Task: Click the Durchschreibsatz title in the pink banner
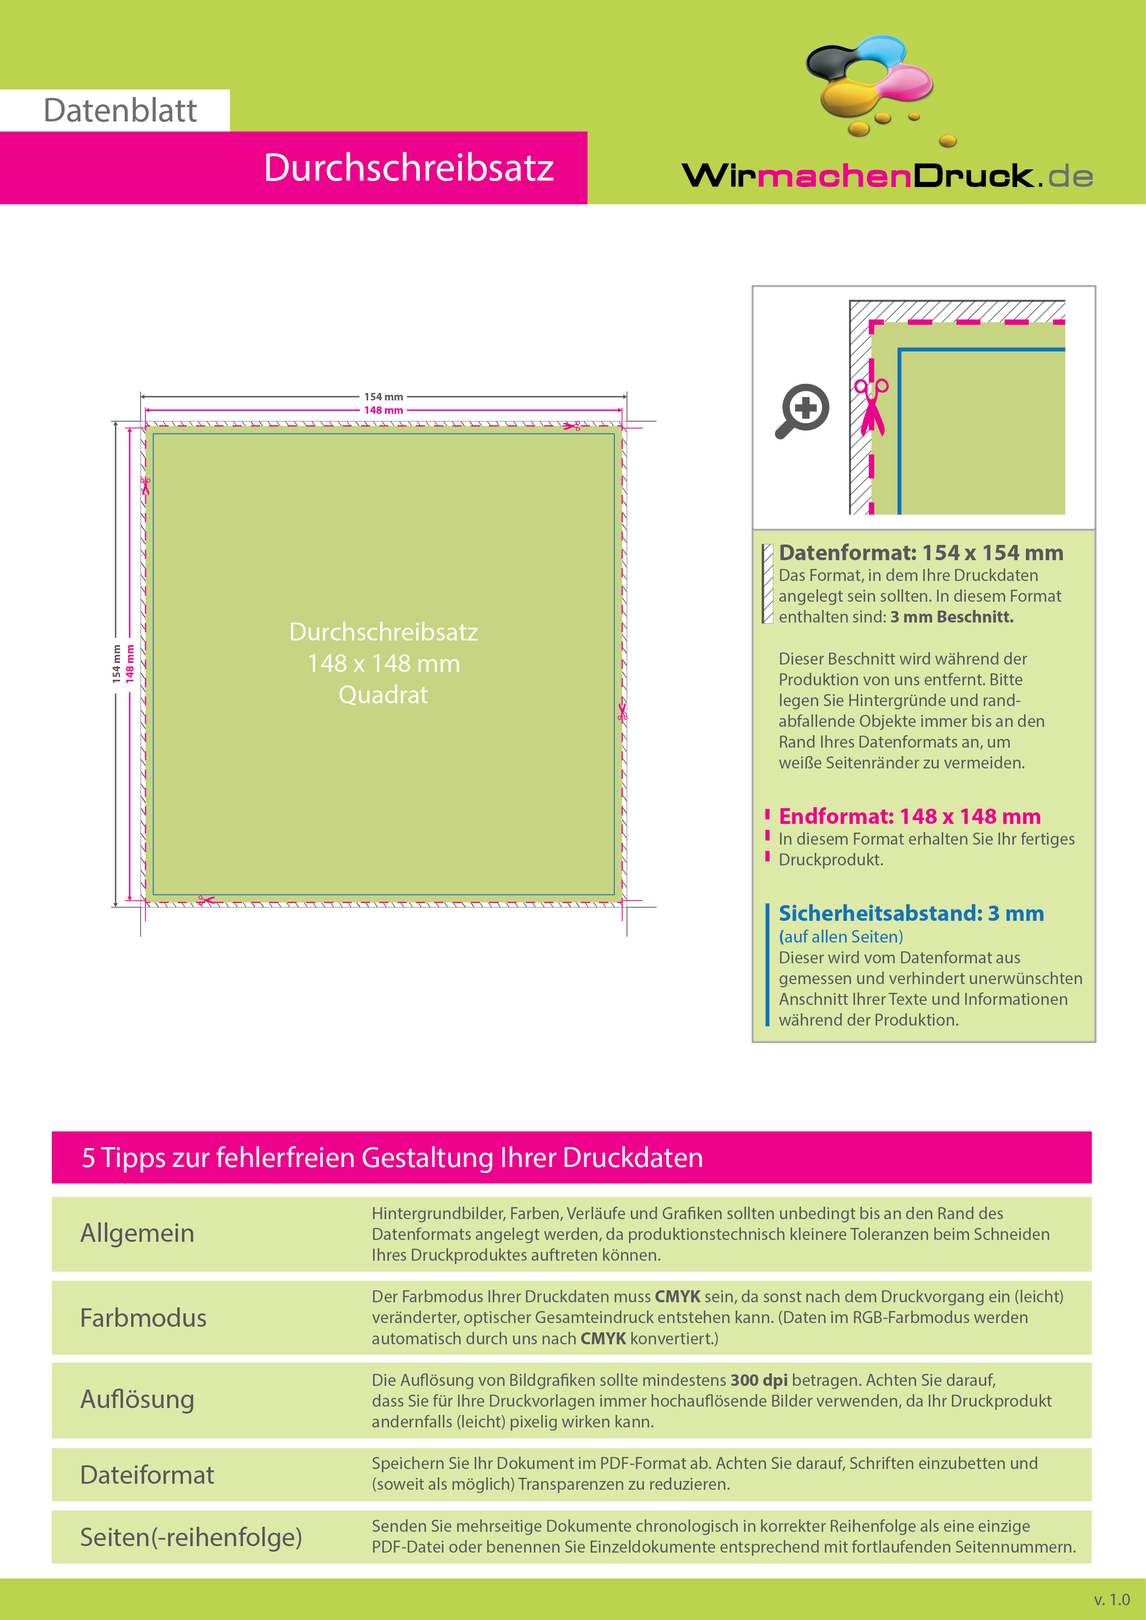[x=409, y=168]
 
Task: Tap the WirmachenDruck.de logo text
[x=887, y=175]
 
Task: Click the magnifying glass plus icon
[x=802, y=411]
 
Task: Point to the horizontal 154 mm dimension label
[x=383, y=397]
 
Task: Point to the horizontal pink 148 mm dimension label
[x=383, y=410]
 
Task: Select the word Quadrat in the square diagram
[x=383, y=695]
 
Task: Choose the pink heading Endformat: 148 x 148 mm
[x=910, y=816]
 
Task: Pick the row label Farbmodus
[x=143, y=1318]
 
